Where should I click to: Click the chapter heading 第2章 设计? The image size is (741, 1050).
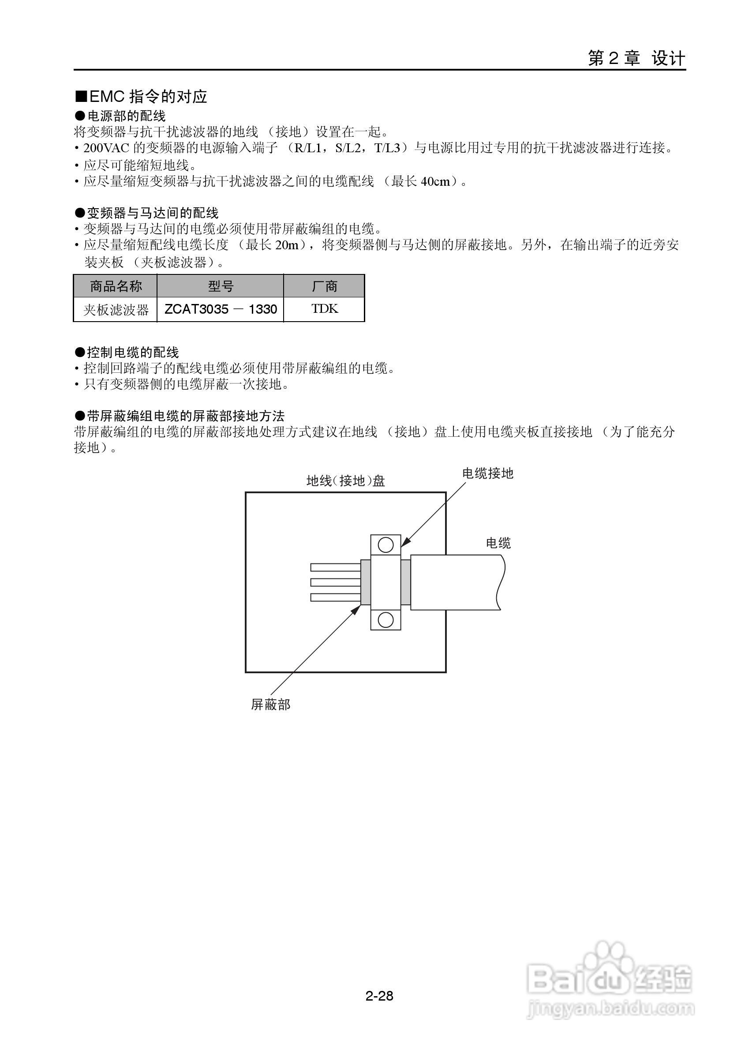636,59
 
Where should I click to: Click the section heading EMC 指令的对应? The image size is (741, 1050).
142,97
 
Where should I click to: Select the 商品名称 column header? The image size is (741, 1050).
116,286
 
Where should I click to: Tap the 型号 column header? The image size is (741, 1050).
221,286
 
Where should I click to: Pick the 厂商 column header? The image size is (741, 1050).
324,286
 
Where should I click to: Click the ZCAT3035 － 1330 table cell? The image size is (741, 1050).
221,310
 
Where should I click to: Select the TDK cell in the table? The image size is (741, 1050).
324,309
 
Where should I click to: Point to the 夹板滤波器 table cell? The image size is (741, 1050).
116,310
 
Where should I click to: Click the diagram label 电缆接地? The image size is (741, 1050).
488,473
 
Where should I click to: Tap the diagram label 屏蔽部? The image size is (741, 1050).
271,705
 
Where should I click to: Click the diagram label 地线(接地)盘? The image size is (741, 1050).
346,480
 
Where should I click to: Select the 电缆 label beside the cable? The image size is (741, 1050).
498,543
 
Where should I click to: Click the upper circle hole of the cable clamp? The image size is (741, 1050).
386,545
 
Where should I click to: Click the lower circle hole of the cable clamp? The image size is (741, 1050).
386,620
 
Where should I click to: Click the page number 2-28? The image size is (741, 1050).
379,996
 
